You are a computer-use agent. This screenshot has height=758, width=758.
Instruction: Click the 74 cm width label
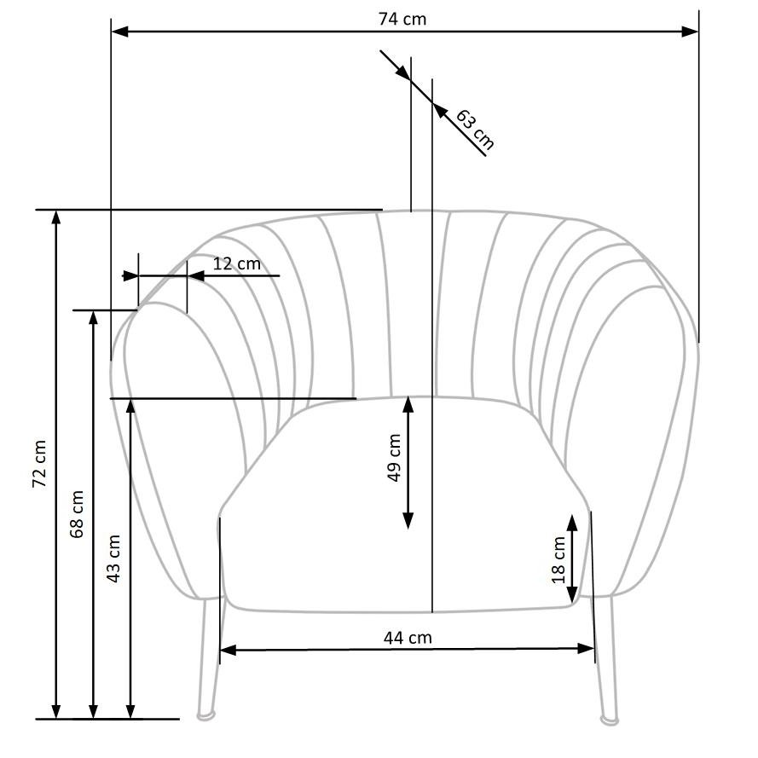[402, 19]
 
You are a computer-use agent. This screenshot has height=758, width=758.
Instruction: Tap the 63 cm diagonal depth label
[474, 128]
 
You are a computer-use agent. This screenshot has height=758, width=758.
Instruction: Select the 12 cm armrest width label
[236, 263]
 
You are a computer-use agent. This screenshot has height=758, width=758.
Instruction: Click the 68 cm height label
[77, 513]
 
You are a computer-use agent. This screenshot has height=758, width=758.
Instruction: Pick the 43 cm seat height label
[113, 558]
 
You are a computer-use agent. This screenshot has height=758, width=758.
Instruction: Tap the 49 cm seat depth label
[394, 458]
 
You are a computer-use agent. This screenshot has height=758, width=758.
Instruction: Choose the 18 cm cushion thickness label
[558, 559]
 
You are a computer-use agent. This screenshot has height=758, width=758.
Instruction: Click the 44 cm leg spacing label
[407, 637]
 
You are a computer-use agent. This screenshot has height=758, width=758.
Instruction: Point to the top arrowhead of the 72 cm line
[56, 217]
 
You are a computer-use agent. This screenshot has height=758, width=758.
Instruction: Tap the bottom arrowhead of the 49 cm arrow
[408, 519]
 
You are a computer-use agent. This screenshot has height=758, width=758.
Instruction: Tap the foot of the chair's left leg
[205, 715]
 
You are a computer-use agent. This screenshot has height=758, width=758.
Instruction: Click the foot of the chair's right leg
[609, 720]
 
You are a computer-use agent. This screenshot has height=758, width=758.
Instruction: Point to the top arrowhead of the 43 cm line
[130, 406]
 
